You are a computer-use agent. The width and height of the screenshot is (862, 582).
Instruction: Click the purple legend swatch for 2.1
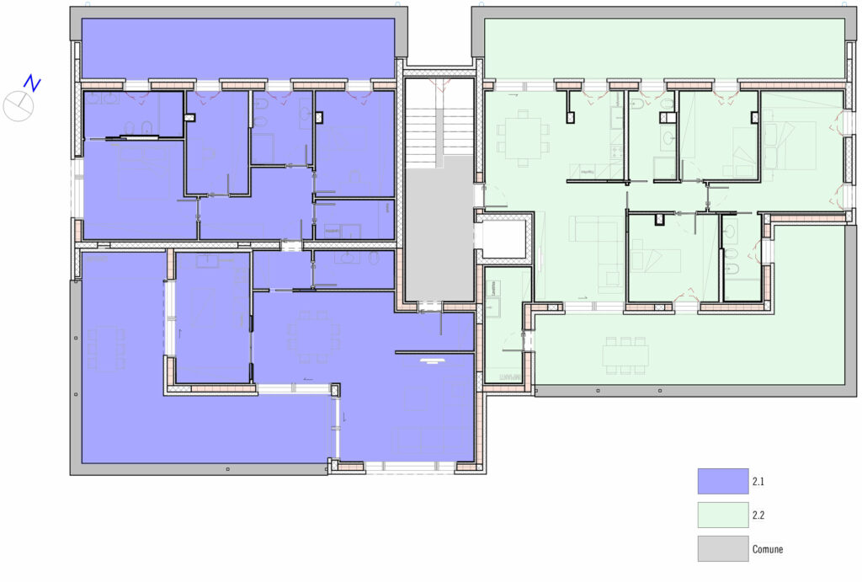723,481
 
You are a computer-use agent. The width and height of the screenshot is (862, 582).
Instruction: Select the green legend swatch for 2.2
723,515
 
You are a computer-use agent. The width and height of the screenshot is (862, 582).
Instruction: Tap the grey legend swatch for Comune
723,548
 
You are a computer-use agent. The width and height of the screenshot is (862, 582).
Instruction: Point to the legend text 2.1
758,481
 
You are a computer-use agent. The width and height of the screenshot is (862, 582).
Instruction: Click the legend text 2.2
758,515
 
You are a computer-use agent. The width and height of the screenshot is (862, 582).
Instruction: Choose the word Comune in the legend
768,549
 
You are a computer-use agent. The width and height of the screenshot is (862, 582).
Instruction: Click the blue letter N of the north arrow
33,83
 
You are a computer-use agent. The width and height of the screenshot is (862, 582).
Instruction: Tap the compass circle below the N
19,106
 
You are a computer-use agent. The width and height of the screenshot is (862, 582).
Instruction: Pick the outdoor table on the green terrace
625,355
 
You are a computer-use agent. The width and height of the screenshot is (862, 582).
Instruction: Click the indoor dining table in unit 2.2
522,138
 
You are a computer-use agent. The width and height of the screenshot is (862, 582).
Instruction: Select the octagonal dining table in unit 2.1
312,338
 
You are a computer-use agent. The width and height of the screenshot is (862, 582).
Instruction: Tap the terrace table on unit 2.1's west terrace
106,349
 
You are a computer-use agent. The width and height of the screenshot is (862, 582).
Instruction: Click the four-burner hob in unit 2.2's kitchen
616,150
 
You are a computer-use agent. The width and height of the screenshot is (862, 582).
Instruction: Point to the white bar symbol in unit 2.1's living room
432,360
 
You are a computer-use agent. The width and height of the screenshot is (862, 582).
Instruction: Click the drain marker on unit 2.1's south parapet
227,469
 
